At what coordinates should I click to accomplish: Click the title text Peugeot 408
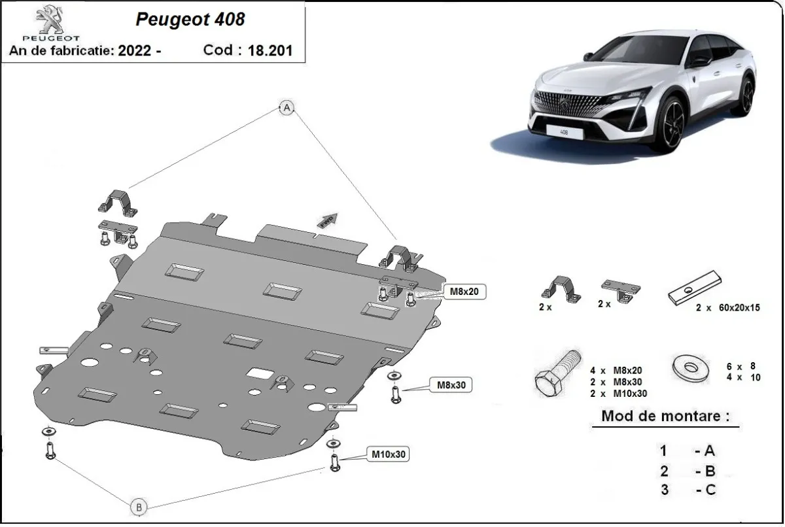pyautogui.click(x=190, y=20)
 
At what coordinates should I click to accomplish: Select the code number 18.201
pyautogui.click(x=270, y=50)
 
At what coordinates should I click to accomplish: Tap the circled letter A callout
pyautogui.click(x=286, y=109)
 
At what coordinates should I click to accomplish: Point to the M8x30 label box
pyautogui.click(x=450, y=385)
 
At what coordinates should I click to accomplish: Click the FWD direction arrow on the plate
pyautogui.click(x=328, y=219)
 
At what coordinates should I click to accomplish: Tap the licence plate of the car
pyautogui.click(x=561, y=132)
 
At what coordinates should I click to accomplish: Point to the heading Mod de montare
pyautogui.click(x=665, y=416)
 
